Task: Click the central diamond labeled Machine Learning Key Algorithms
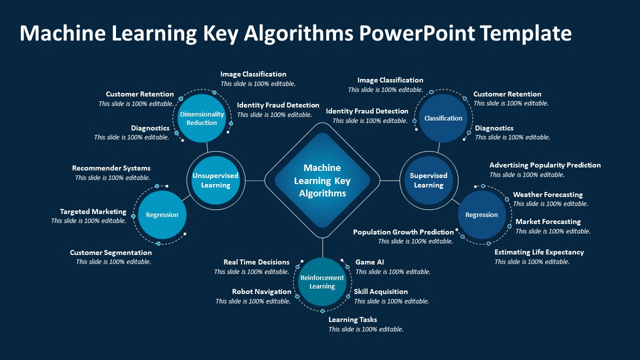322,180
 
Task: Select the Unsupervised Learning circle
215,180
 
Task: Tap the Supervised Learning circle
428,180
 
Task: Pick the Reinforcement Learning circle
322,282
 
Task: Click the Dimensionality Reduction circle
201,118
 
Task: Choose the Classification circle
443,118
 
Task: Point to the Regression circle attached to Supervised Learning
481,215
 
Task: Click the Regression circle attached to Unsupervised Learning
162,215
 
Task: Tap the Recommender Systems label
111,168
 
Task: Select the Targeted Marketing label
93,211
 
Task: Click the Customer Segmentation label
110,252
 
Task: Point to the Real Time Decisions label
256,262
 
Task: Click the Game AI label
369,262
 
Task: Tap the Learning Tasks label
352,319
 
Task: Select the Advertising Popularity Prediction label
545,165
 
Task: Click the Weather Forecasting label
547,194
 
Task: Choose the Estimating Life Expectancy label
539,252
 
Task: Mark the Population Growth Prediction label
403,232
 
